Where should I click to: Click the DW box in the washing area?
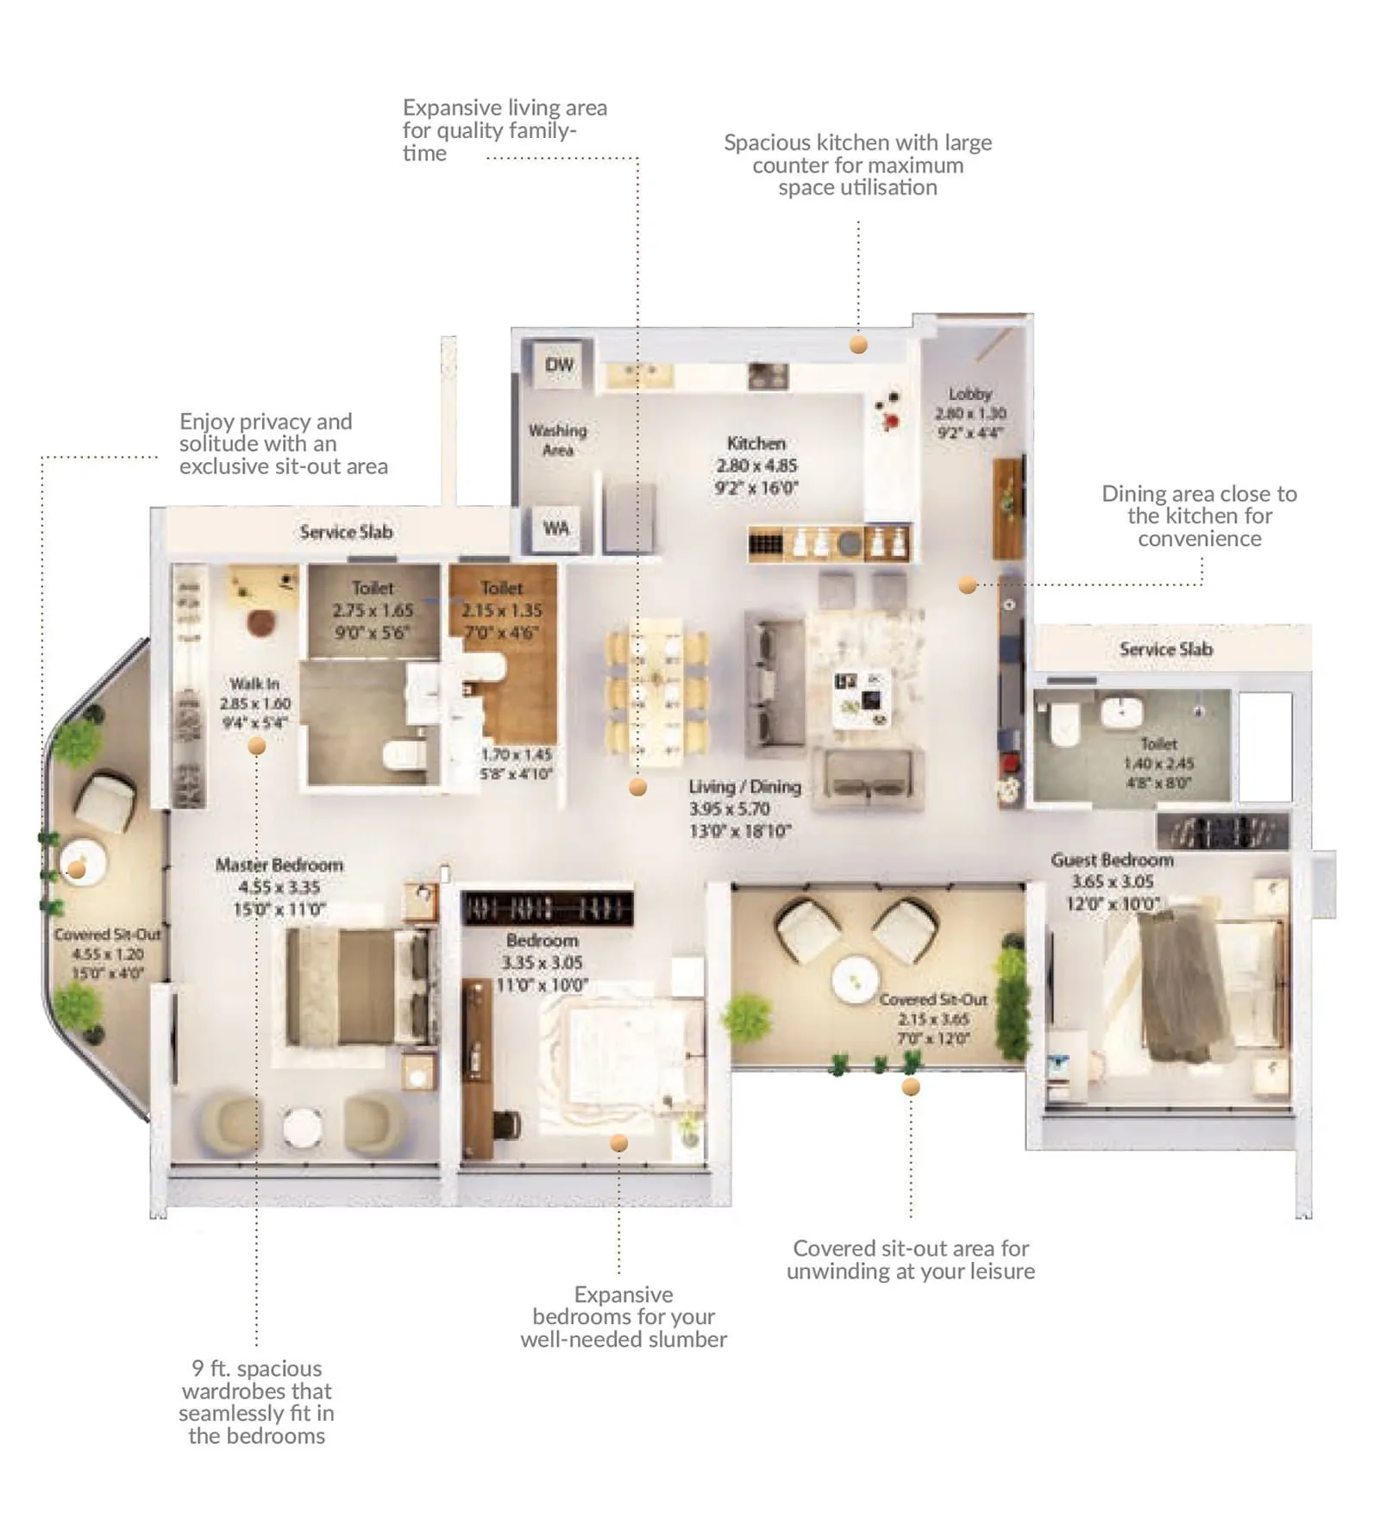click(559, 365)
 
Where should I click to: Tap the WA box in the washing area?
click(556, 528)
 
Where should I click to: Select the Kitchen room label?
click(756, 443)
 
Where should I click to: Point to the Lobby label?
click(970, 394)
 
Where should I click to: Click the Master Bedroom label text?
click(279, 865)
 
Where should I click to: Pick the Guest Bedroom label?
click(1112, 860)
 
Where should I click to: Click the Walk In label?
click(254, 684)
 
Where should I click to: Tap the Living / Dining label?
click(744, 786)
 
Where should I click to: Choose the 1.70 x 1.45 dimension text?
click(516, 754)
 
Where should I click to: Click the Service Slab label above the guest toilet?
click(1165, 649)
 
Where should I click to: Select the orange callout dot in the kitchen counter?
click(858, 345)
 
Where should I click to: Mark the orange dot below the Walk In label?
click(257, 747)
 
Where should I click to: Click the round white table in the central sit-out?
click(855, 979)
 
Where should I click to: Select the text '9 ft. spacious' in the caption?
click(256, 1368)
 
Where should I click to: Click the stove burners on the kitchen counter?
click(768, 376)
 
